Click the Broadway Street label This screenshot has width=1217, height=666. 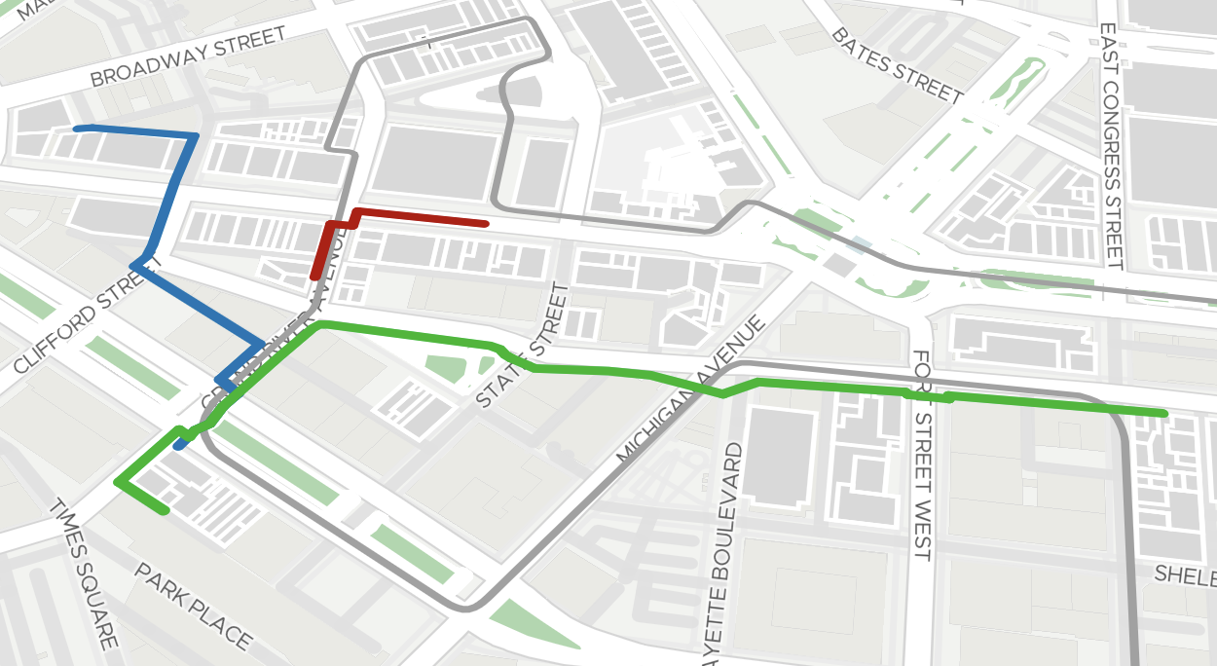189,56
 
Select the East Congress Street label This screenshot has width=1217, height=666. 1111,146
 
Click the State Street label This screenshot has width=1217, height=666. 521,346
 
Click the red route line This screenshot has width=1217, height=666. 419,217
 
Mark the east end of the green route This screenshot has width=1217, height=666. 1164,414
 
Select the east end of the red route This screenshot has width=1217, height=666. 485,224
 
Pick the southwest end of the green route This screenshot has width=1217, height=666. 166,511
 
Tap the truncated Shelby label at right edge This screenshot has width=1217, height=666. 1186,574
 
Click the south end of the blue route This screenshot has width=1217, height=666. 178,447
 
